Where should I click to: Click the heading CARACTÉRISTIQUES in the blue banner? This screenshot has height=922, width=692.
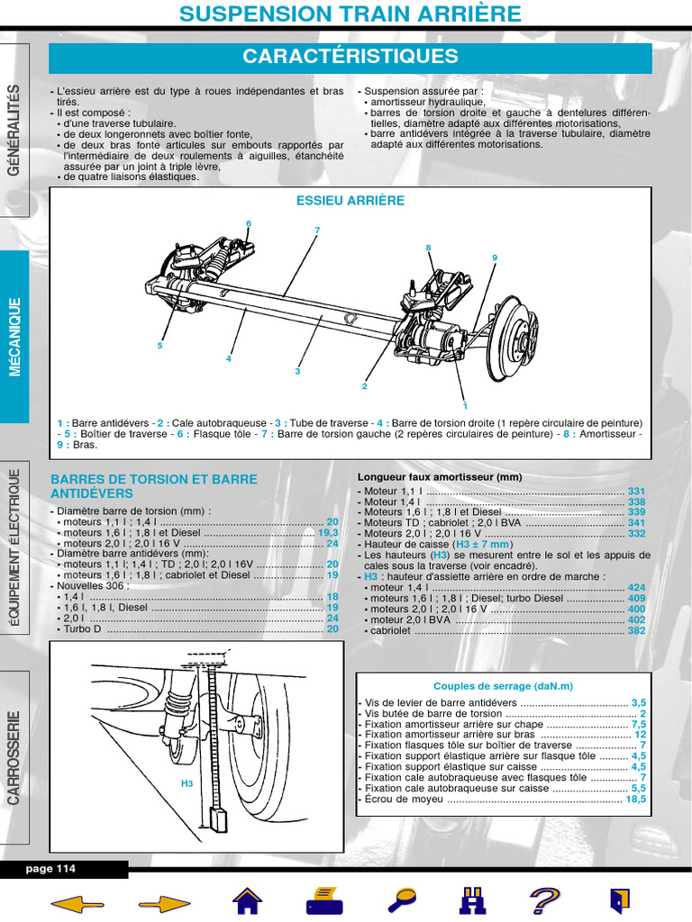350,57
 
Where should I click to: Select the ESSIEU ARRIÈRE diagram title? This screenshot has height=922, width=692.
351,201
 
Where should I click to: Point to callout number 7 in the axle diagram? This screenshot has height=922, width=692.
317,230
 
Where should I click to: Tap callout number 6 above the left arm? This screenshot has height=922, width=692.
248,223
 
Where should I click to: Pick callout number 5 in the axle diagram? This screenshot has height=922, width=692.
159,345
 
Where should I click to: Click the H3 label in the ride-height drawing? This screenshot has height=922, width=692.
187,783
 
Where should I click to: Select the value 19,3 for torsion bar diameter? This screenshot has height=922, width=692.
328,533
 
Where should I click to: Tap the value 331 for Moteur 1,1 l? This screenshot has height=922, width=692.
636,491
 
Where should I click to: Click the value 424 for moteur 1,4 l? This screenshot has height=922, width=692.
636,587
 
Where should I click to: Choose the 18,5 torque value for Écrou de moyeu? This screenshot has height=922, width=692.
636,799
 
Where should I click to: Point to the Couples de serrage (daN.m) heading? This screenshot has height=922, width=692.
503,686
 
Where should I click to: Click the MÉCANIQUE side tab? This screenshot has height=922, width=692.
14,337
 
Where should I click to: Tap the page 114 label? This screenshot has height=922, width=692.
51,869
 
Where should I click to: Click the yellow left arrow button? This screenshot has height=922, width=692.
77,901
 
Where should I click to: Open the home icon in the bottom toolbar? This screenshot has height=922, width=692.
247,900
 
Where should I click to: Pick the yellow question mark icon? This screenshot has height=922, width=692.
544,900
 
